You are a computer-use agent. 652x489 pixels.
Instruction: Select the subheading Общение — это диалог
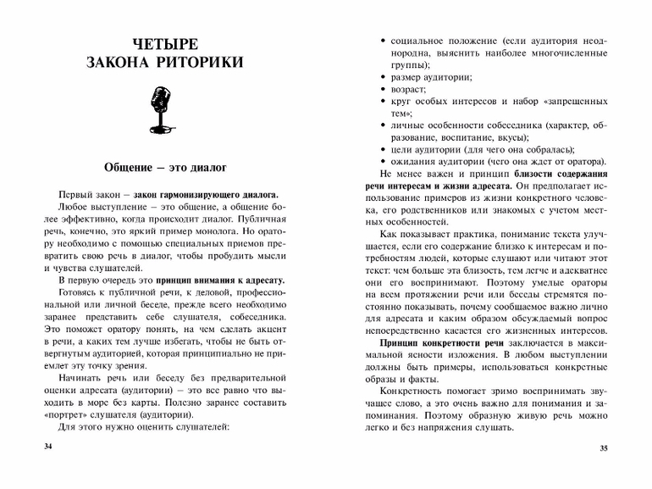coord(164,164)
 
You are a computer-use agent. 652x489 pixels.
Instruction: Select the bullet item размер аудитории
coord(431,76)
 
